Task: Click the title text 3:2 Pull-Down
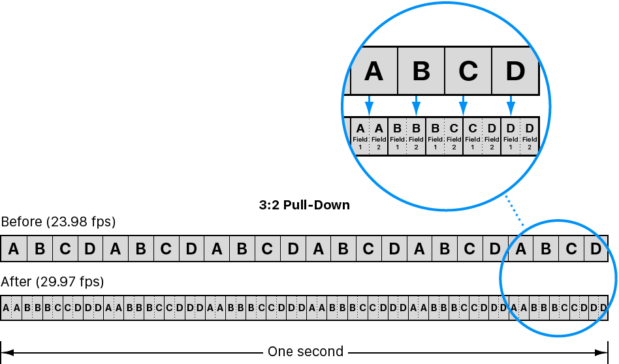tap(304, 205)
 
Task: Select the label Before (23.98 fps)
tap(58, 222)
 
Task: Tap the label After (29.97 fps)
tap(52, 282)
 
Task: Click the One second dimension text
tap(306, 352)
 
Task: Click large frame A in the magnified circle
tap(373, 70)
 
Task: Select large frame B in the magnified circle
tap(421, 70)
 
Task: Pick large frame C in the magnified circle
tap(468, 70)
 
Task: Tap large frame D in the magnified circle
tap(515, 70)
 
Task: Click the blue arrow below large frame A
tap(369, 105)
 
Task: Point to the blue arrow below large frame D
tap(511, 105)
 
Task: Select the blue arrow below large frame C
tap(464, 105)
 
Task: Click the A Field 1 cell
tap(360, 136)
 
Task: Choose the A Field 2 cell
tap(379, 136)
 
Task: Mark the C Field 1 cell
tap(473, 136)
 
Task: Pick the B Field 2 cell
tap(416, 136)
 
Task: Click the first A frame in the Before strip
tap(14, 249)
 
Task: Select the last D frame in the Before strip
tap(595, 249)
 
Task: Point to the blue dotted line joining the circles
tap(515, 211)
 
